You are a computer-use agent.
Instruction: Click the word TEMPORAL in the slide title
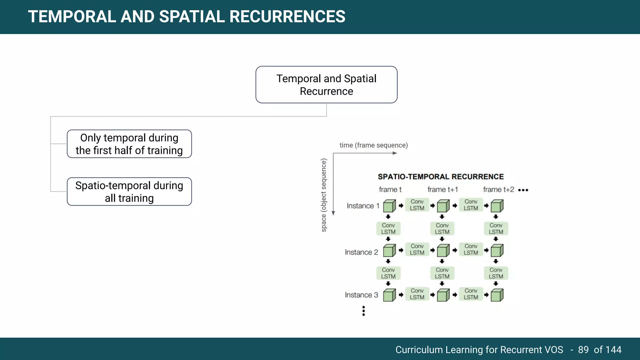71,17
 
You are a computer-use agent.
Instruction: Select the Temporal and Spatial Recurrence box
326,85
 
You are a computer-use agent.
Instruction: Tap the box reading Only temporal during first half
129,144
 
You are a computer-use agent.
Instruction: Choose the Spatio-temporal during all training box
129,192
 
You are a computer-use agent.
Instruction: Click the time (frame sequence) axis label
373,145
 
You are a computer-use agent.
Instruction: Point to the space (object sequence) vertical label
324,195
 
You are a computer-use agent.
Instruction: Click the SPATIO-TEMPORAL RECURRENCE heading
441,177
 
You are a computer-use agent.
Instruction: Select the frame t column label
390,190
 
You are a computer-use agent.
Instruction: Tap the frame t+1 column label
442,190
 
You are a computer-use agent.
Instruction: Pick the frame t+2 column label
498,190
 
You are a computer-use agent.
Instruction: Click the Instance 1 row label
362,206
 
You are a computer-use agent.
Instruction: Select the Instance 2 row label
361,252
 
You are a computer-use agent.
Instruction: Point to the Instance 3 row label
361,295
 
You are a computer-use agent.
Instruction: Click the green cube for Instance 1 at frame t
389,206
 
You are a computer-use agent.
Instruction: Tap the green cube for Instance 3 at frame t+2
497,295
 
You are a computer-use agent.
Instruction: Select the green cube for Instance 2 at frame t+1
443,251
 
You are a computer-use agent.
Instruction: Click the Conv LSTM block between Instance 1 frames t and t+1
417,205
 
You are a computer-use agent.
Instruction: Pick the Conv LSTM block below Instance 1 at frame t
388,229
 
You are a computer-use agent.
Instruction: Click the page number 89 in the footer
583,350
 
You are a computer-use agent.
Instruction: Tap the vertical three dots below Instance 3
363,311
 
